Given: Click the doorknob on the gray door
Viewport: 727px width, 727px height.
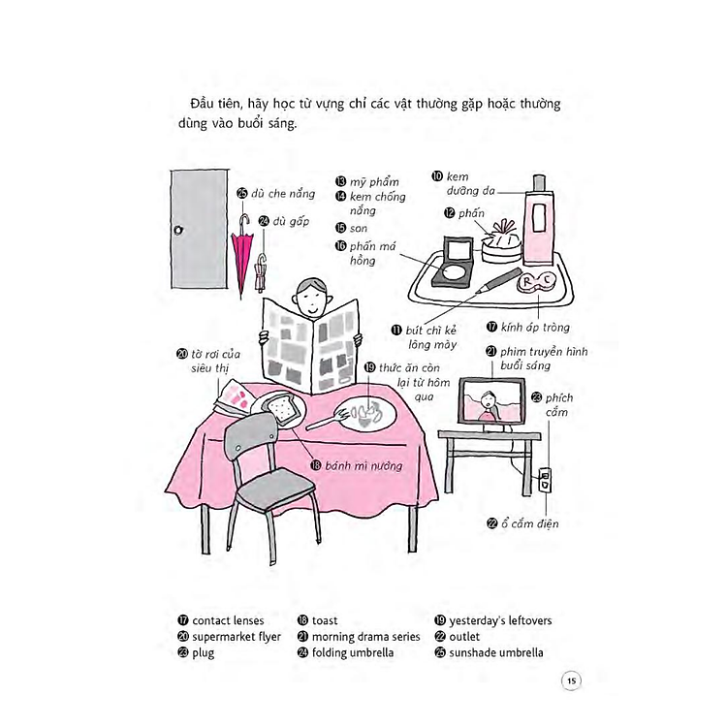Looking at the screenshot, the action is [178, 230].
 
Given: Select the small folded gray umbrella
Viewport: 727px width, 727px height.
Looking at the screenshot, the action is [261, 272].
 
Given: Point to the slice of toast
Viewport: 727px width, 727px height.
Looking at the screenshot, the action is [279, 408].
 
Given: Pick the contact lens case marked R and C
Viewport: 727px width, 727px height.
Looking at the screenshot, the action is [536, 283].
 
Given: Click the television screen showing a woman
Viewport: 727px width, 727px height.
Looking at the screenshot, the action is [491, 401].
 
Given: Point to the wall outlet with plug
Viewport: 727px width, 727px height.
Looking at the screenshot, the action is [545, 481].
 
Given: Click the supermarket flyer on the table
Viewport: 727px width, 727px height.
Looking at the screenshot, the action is [236, 395].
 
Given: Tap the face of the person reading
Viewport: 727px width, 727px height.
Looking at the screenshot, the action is [310, 300].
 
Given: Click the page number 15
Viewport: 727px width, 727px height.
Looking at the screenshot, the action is [571, 680].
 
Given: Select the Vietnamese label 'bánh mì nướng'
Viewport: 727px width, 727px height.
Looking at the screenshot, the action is [363, 466].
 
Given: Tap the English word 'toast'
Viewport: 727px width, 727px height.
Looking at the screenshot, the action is [325, 620].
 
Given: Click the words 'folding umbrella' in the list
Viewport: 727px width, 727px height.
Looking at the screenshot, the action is [353, 652].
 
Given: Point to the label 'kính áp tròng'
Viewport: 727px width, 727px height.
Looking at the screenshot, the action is [535, 328].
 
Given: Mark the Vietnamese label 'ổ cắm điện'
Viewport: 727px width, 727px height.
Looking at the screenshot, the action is [529, 523].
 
